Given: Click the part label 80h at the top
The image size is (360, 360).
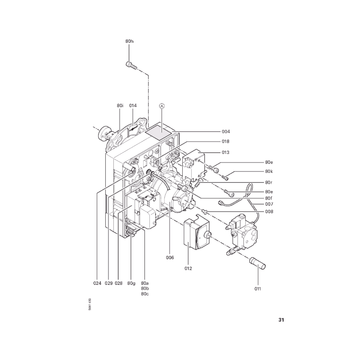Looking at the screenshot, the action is [x=129, y=41].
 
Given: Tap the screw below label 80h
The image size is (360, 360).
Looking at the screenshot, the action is [x=131, y=66].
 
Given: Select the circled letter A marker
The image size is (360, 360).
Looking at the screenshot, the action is [x=162, y=106].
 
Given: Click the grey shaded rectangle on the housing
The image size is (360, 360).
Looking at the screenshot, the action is [x=159, y=133].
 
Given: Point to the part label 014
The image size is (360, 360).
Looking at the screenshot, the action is [x=133, y=105].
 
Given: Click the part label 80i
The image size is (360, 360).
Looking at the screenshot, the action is [x=120, y=105].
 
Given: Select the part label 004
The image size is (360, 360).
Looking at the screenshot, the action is [x=226, y=131].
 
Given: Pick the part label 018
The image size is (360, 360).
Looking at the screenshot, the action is [x=225, y=141].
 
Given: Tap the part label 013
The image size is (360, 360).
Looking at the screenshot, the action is [x=225, y=153].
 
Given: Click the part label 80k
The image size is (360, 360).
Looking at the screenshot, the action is [x=269, y=171].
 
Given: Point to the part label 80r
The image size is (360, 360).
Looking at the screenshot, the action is [x=269, y=183].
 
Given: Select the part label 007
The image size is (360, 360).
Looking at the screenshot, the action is [x=269, y=204].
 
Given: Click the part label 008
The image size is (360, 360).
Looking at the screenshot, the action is [x=269, y=211].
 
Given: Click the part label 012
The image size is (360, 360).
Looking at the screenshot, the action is [x=188, y=268].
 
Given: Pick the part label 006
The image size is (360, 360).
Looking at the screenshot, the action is [x=170, y=257].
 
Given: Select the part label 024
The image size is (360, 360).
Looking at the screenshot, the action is [x=97, y=283].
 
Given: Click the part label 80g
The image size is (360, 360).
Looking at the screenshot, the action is [x=131, y=283].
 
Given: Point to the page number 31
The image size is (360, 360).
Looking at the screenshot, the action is [x=281, y=320].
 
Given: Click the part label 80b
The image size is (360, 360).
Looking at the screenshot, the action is [x=144, y=288].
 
